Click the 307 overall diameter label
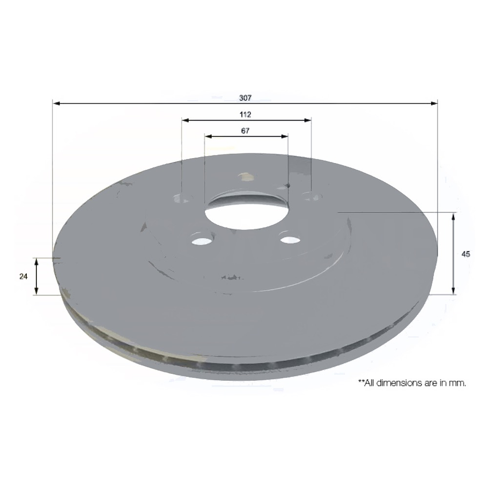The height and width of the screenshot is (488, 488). pyautogui.click(x=245, y=98)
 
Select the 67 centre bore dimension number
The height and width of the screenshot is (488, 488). pyautogui.click(x=245, y=130)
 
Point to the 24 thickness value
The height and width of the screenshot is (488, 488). pyautogui.click(x=23, y=276)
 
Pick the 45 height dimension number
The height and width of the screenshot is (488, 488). pyautogui.click(x=465, y=254)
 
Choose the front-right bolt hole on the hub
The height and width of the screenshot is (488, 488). pyautogui.click(x=290, y=240)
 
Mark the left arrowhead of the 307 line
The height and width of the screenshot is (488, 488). pyautogui.click(x=56, y=102)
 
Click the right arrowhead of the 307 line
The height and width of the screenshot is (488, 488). pyautogui.click(x=434, y=102)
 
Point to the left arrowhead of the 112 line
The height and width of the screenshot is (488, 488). pyautogui.click(x=185, y=120)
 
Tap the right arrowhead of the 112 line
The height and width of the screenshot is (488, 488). pyautogui.click(x=308, y=120)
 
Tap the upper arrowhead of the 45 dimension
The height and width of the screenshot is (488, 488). pyautogui.click(x=454, y=216)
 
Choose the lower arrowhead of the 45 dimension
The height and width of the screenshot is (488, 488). pyautogui.click(x=454, y=291)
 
